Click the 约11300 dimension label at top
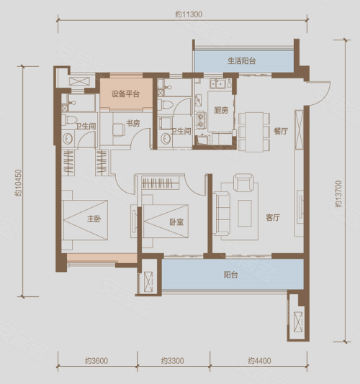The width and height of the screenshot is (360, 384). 189,14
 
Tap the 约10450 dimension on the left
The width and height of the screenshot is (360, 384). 18,183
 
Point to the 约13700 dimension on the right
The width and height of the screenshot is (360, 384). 338,193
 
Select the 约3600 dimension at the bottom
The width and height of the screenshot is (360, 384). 96,361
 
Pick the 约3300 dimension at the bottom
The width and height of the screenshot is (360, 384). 173,361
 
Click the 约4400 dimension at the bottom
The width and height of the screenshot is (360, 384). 259,361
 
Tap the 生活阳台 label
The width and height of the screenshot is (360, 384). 241,60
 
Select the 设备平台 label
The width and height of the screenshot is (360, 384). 125,93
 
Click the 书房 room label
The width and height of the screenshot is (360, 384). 133,123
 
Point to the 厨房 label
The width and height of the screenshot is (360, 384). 221,111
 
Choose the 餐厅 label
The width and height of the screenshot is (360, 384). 281,132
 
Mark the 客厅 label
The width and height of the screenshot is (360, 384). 273,217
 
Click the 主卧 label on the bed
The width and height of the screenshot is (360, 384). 94,219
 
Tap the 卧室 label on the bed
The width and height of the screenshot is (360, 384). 176,222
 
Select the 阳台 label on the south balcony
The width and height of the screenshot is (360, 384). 231,275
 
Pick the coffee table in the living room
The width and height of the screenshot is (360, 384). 245,214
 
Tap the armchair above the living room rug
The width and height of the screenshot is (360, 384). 243,182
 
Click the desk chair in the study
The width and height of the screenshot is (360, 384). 119,129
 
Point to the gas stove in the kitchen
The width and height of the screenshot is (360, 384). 202,120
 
